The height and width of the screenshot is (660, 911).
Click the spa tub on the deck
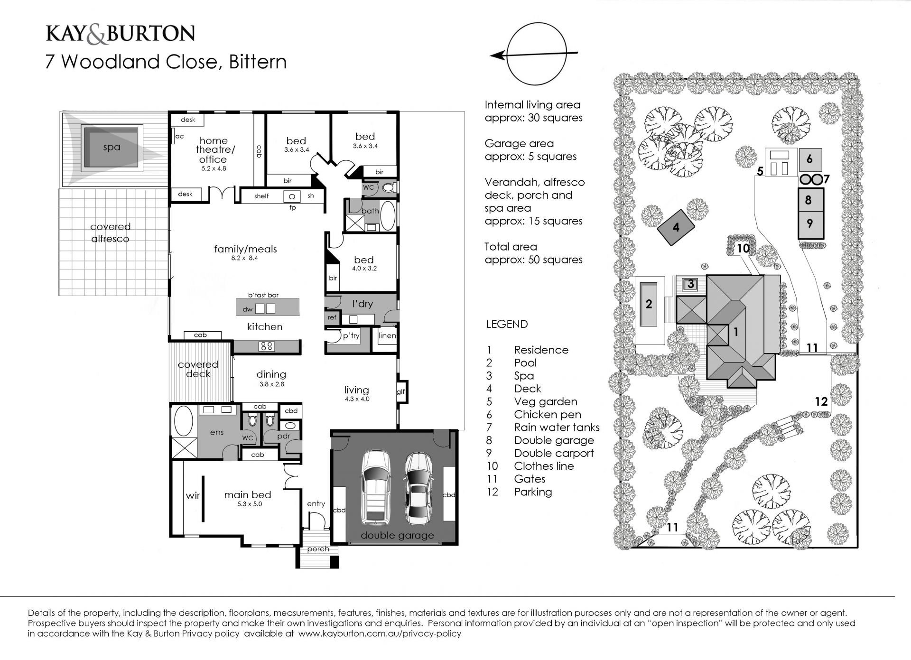click(112, 148)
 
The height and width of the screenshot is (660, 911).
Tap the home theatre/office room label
click(213, 150)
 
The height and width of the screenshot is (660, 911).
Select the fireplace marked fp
click(292, 196)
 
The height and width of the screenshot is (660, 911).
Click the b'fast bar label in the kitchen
click(263, 295)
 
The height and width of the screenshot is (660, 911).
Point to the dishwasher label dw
click(247, 309)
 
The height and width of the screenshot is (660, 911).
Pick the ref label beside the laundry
click(332, 317)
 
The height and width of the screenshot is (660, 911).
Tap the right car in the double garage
click(418, 488)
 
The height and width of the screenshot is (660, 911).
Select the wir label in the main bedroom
click(193, 495)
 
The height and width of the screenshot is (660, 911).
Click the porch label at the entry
click(318, 549)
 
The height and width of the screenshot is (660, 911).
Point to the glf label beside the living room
click(401, 392)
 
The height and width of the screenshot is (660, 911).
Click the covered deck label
click(198, 369)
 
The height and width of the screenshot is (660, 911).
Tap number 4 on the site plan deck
click(676, 227)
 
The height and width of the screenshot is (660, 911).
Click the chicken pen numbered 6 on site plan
click(809, 159)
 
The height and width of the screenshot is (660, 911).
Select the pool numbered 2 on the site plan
click(649, 304)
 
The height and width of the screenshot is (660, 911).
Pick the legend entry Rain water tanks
click(557, 428)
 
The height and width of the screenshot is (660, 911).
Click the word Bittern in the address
click(258, 62)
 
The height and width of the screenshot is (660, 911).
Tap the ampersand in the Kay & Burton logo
click(97, 34)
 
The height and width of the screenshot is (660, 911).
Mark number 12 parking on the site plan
click(821, 401)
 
